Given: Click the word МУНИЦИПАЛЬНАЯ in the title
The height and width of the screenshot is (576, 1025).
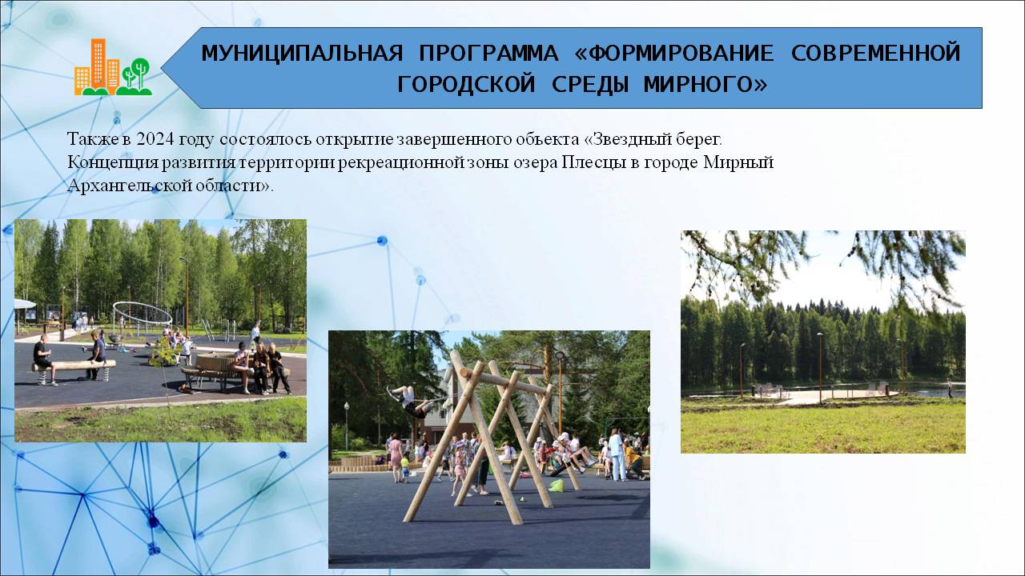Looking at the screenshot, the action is click(x=302, y=54).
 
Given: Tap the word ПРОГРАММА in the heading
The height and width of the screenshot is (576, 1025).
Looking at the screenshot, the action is click(x=488, y=54).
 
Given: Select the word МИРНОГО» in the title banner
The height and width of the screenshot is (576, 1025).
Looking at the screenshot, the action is click(x=705, y=85).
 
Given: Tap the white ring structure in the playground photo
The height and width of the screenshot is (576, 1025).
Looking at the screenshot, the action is click(x=143, y=313).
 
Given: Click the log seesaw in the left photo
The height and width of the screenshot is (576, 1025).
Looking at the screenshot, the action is click(x=73, y=366).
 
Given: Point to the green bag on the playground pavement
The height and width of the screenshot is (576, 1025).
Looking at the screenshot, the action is click(x=556, y=486).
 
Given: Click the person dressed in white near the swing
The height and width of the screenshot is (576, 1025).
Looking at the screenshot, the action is click(x=617, y=456).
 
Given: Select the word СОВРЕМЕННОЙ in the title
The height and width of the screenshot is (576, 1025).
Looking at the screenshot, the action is click(x=875, y=54).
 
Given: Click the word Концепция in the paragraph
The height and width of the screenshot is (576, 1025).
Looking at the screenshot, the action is click(x=114, y=162).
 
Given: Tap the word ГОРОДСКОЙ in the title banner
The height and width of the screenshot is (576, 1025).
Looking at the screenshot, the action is click(x=466, y=85).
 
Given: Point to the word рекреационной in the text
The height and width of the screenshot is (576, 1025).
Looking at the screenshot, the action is click(x=401, y=162).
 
